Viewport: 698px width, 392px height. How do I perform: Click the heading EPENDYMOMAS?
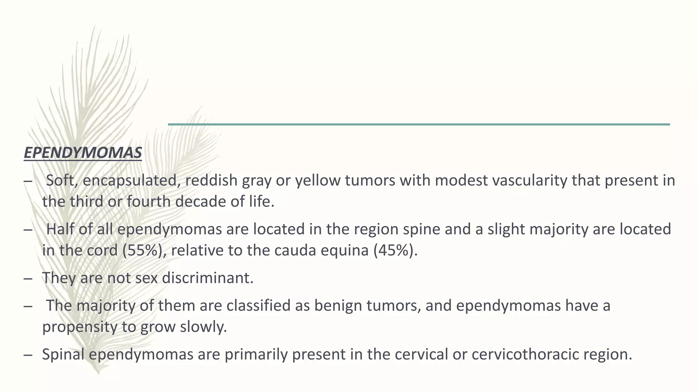click(x=83, y=153)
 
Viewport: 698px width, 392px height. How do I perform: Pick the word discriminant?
click(x=208, y=278)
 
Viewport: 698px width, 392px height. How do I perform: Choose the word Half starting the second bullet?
click(x=60, y=229)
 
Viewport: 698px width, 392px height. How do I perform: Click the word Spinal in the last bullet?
click(x=63, y=355)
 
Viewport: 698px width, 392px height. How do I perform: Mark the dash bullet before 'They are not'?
click(x=28, y=279)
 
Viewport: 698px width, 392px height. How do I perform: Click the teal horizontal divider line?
click(x=419, y=124)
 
